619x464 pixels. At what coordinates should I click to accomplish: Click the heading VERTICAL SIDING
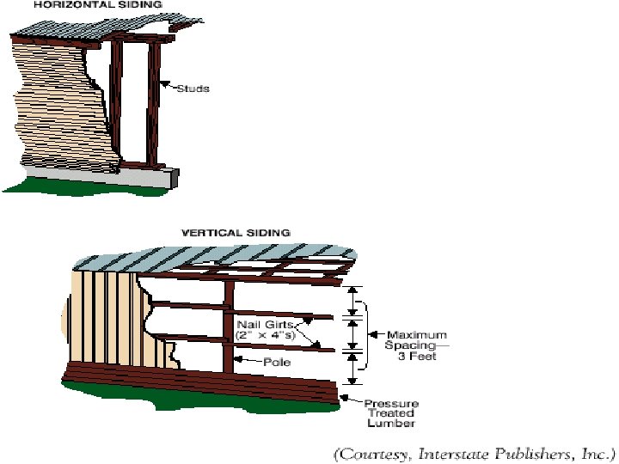pos(235,232)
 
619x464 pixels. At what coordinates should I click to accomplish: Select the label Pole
pos(277,363)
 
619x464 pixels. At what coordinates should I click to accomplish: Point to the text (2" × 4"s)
pos(266,335)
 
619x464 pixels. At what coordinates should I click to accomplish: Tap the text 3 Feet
pos(416,357)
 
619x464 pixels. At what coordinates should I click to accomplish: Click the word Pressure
pos(391,403)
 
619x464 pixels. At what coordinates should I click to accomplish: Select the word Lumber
pos(391,424)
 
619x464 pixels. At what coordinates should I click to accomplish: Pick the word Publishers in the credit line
pos(521,451)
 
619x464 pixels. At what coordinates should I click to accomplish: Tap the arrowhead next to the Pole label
pos(240,363)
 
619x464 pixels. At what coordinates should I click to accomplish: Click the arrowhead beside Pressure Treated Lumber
pos(346,396)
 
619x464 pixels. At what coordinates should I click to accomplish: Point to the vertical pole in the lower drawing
pos(229,327)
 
